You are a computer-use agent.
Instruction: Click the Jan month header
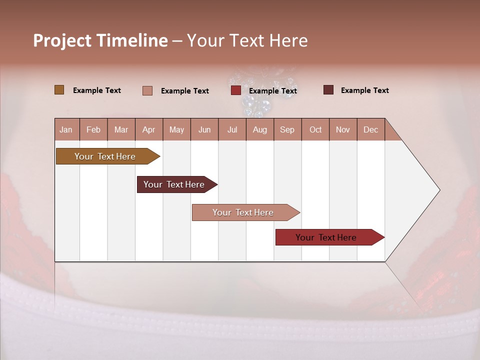[x=66, y=129]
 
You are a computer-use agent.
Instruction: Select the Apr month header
[x=149, y=129]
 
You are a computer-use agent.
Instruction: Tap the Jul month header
[x=232, y=129]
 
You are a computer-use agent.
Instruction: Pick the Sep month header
[x=287, y=129]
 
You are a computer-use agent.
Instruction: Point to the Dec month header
[x=370, y=129]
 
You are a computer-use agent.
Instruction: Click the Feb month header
[x=93, y=129]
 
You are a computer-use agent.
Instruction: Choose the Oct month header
[x=315, y=129]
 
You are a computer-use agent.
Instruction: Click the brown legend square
[x=59, y=90]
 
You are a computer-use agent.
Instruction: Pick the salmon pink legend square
[x=147, y=90]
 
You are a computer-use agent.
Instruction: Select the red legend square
[x=236, y=90]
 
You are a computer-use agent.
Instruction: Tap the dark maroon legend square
[x=328, y=90]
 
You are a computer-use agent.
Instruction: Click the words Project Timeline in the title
[x=100, y=40]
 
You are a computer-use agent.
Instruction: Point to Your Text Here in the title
[x=247, y=40]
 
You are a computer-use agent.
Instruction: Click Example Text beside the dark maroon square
[x=364, y=90]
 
